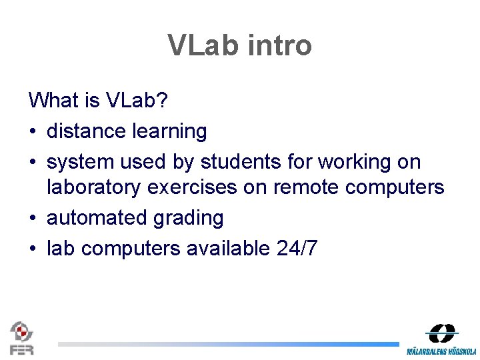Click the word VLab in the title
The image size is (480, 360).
coord(207,45)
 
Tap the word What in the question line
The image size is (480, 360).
coord(54,101)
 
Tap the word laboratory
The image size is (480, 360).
coord(94,188)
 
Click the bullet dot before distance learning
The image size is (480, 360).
coord(33,132)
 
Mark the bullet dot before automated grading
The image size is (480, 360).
coord(33,219)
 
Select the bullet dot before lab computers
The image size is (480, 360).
coord(33,249)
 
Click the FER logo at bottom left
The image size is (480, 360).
coord(21,337)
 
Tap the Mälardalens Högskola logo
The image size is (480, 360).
coord(442,339)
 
